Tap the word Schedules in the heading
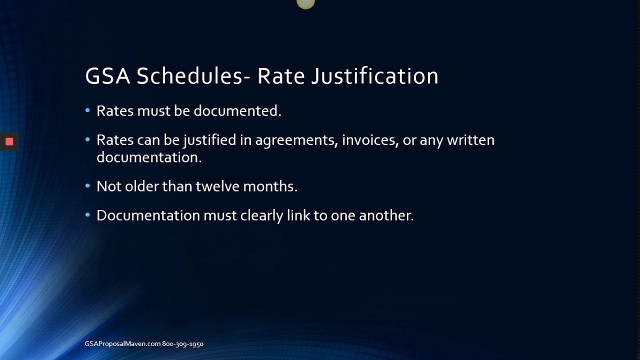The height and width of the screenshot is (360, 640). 190,76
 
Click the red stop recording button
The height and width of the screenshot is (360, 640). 9,141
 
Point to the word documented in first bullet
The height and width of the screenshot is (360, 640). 237,111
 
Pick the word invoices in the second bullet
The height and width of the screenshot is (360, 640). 370,140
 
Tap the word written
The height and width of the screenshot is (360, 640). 470,140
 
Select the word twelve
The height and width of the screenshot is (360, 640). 217,186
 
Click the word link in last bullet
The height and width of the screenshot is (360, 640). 298,215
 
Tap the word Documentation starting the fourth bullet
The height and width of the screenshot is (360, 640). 148,215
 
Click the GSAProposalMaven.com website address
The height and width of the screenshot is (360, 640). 122,344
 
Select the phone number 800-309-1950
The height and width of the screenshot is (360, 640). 183,344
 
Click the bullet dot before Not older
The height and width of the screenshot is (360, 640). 87,186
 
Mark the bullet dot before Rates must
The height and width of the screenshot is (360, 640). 87,110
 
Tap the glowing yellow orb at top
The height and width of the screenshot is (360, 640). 305,3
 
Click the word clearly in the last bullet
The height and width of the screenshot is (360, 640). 261,215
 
